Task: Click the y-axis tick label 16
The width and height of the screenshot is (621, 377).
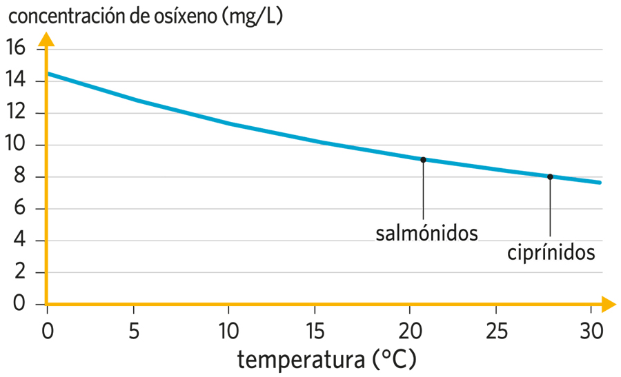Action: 15,48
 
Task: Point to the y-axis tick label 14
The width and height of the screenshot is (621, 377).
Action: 15,81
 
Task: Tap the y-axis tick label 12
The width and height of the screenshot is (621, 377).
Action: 15,112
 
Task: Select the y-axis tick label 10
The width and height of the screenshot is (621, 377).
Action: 15,145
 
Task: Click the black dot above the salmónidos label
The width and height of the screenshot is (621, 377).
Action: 423,160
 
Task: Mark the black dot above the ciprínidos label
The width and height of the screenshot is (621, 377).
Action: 550,176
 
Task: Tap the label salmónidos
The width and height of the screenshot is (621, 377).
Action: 426,233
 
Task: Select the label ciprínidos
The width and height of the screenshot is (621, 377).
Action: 551,253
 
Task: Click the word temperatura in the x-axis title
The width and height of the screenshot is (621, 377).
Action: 299,360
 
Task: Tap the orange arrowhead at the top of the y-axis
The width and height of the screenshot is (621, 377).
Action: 46,38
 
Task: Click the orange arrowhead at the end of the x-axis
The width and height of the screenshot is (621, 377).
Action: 607,303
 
